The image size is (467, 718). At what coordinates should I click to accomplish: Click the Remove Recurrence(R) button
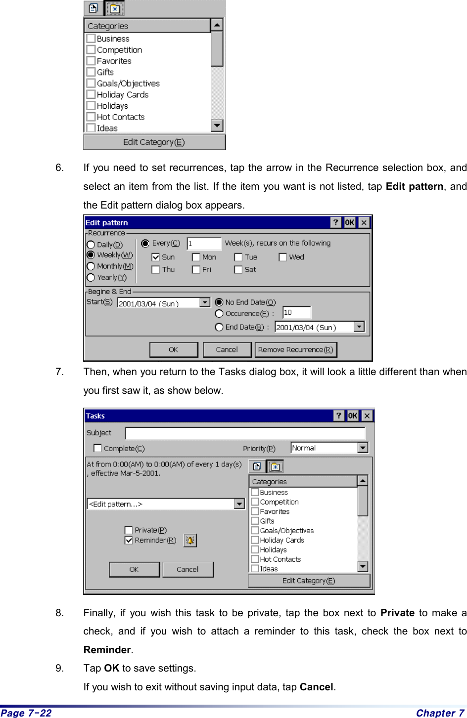pos(296,349)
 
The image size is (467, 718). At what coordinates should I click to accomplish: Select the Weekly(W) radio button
pos(91,255)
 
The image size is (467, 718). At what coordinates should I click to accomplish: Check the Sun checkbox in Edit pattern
pos(156,257)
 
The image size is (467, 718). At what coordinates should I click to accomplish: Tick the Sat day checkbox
pos(238,270)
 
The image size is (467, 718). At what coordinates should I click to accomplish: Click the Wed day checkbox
pos(283,257)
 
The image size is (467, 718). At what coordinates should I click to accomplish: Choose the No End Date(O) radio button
pos(219,302)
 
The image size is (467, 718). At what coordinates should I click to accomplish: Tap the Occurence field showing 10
pos(296,313)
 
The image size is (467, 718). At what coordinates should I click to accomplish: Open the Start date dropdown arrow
pos(205,302)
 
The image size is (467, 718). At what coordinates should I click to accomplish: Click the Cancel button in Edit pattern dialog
pos(227,349)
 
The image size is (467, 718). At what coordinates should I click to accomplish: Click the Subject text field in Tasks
pos(245,433)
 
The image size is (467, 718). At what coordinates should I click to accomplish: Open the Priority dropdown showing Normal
pos(363,448)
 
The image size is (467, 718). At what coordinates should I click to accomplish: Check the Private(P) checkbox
pos(129,530)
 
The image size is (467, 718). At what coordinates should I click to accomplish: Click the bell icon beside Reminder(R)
pos(190,540)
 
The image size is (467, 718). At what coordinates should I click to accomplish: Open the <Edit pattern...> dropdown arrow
pos(239,504)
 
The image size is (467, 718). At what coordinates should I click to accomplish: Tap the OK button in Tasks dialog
pos(134,569)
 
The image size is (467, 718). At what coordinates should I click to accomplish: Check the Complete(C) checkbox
pos(98,448)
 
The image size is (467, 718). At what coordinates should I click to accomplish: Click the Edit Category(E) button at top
pos(154,142)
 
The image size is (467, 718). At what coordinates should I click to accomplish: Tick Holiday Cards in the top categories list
pos(91,94)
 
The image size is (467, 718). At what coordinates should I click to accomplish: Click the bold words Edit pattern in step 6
pos(414,186)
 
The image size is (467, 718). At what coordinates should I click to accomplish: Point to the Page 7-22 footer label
pos(26,713)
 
